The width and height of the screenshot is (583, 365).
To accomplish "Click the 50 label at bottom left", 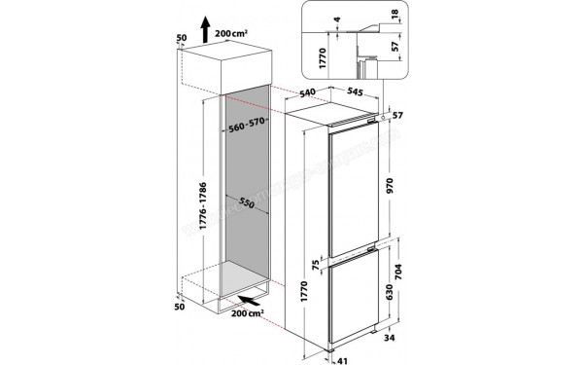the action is pos(179,307).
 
